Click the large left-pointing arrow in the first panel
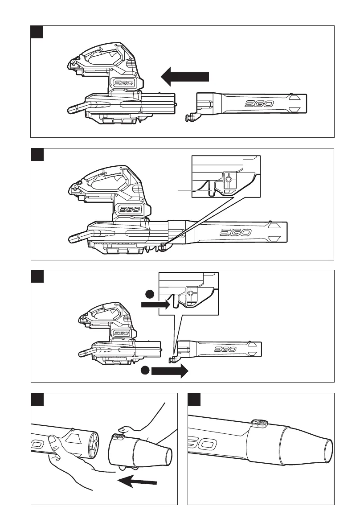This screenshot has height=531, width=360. [x=185, y=77]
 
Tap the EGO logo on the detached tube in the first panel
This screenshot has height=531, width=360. [x=259, y=103]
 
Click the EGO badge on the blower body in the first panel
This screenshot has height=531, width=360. [x=123, y=83]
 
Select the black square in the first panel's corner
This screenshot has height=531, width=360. [x=37, y=32]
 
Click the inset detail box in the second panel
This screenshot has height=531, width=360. [x=226, y=177]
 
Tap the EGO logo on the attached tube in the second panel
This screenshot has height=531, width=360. [x=236, y=232]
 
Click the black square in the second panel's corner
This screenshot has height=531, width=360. [x=37, y=154]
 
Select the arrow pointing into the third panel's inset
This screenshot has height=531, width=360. [x=155, y=305]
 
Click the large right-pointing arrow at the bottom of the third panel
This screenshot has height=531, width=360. [x=169, y=371]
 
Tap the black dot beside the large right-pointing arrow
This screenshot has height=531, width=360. [x=145, y=370]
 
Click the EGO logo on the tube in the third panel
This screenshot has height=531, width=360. [x=225, y=349]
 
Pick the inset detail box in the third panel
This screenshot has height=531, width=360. [x=189, y=294]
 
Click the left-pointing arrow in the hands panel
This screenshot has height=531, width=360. [x=137, y=481]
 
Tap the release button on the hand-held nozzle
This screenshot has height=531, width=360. [x=119, y=436]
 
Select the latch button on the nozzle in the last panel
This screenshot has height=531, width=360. [x=259, y=423]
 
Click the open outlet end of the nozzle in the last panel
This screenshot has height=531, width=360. [x=328, y=450]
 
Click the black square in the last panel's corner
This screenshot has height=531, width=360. [x=194, y=399]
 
